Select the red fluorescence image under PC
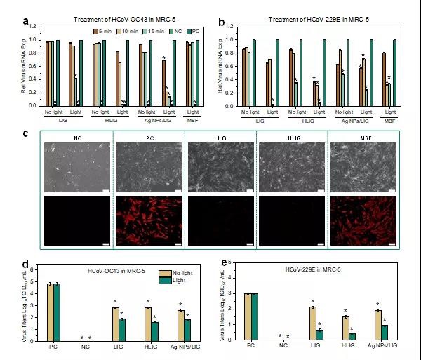pyautogui.click(x=148, y=222)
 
